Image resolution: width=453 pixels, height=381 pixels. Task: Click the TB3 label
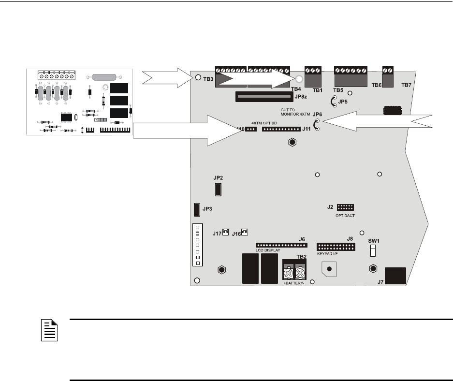(x=209, y=79)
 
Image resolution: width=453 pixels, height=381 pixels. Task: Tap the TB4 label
(x=296, y=89)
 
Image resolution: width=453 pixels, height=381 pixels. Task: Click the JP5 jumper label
(x=343, y=102)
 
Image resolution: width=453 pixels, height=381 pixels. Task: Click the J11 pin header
(x=280, y=129)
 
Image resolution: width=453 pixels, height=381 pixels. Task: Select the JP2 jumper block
(x=218, y=189)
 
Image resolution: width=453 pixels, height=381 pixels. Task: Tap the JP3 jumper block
(x=197, y=209)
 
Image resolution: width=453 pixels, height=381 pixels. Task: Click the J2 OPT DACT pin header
(x=345, y=207)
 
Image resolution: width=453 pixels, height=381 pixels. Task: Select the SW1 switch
(x=373, y=250)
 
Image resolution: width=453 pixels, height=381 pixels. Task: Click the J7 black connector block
(x=395, y=277)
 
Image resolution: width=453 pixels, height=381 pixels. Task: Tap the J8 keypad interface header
(x=336, y=247)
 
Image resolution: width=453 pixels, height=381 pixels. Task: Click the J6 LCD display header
(x=281, y=245)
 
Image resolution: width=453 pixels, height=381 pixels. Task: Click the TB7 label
(x=407, y=85)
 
